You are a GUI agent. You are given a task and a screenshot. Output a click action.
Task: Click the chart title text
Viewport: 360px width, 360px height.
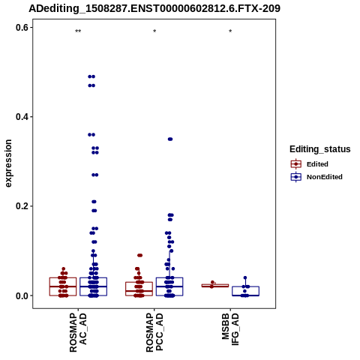154,8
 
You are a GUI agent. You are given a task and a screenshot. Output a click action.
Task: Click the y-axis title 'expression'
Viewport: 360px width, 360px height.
8,163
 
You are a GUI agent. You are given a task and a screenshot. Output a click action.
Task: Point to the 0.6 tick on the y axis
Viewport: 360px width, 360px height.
22,28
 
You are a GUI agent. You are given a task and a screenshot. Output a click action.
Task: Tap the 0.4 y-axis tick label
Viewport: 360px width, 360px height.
22,117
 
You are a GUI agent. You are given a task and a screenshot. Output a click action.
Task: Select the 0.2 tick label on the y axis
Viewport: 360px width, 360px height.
22,206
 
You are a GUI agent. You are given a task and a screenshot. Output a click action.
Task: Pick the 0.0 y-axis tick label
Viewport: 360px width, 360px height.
22,295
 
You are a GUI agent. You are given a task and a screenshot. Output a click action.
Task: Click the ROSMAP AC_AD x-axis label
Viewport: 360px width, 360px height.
78,333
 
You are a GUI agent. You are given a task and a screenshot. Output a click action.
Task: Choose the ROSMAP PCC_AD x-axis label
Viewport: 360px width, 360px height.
154,333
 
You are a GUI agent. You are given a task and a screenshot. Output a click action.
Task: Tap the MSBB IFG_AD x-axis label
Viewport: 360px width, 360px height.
230,329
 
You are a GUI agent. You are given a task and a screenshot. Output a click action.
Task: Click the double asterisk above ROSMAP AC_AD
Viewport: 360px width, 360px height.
78,31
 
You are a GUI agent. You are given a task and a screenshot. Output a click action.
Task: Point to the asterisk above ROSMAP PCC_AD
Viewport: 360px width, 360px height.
154,31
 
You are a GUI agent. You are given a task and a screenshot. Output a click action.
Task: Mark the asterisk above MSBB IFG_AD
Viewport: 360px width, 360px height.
230,31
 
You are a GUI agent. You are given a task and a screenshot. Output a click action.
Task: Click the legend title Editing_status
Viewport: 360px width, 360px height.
320,149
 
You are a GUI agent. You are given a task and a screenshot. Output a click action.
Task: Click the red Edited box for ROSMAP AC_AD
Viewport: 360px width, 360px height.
63,286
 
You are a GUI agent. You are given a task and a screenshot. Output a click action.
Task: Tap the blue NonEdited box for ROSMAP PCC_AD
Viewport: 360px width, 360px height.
169,286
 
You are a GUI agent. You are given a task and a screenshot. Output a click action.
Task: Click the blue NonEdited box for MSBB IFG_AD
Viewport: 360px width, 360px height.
245,291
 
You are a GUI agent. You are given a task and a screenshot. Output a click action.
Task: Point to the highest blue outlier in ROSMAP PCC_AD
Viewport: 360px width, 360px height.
170,139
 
